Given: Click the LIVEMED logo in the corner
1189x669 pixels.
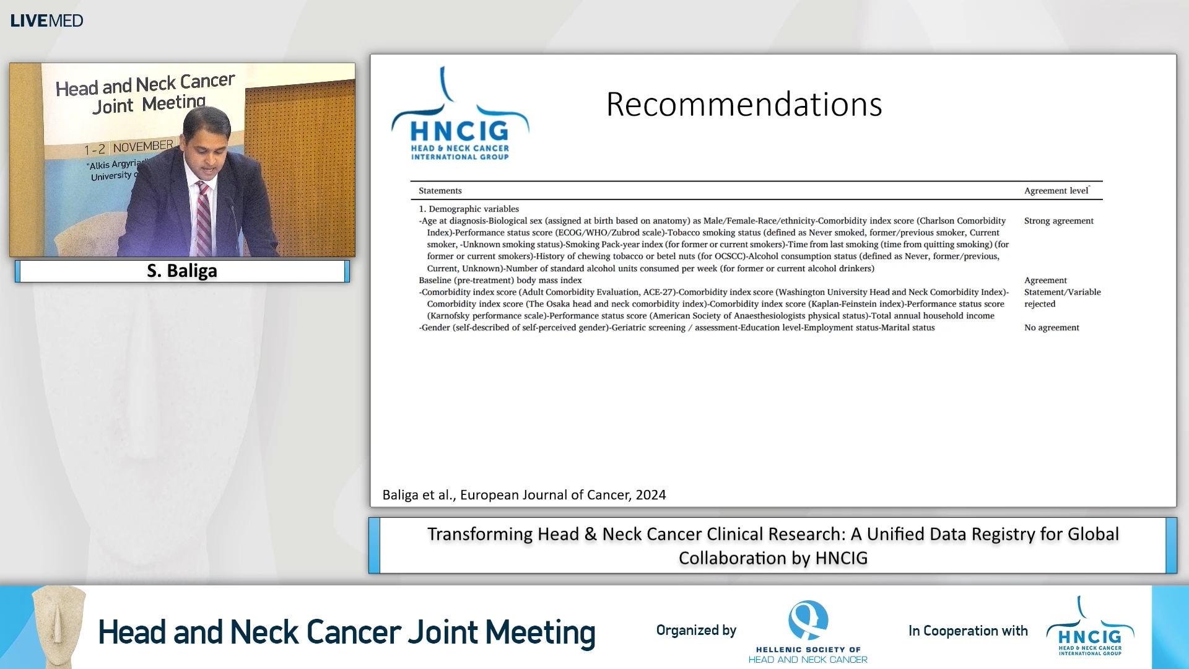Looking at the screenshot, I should (x=46, y=20).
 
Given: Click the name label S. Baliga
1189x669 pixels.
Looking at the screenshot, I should (x=182, y=271).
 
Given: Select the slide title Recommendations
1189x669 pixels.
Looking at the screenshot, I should (x=744, y=104).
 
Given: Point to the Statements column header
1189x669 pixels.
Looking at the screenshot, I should (x=440, y=191).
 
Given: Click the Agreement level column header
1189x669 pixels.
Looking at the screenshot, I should (x=1056, y=191).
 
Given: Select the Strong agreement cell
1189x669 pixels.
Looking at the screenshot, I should (x=1058, y=221).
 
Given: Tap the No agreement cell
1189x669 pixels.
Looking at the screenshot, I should (x=1051, y=328).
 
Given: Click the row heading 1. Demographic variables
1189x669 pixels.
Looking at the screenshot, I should (x=469, y=209).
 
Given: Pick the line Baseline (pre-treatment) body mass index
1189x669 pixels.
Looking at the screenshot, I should (x=500, y=281).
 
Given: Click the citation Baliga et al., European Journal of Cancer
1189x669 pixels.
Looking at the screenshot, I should (x=524, y=495).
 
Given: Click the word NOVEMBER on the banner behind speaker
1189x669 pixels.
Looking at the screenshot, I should (x=143, y=147).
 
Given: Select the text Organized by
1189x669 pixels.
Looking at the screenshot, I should (x=696, y=631).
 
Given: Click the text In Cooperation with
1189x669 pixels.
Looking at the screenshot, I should (x=967, y=631).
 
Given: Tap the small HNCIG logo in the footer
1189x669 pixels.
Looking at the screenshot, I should (x=1090, y=629).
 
